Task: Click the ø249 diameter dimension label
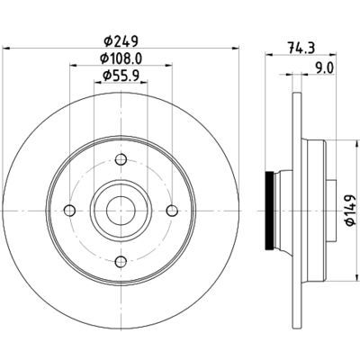[x=121, y=41]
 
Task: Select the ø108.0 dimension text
[x=121, y=58]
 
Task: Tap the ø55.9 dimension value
[x=121, y=76]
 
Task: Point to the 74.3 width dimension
[x=301, y=48]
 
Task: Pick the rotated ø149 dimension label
[x=350, y=210]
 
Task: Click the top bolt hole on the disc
[x=121, y=159]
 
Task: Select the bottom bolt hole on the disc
[x=121, y=262]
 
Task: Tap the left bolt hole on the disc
[x=69, y=211]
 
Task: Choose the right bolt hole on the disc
[x=172, y=211]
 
